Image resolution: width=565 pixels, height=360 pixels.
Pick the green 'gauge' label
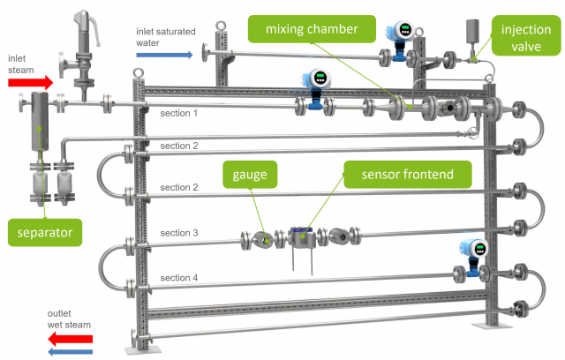click(x=250, y=174)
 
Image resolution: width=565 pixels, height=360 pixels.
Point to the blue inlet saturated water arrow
click(x=164, y=55)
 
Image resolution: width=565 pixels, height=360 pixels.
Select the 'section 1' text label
click(x=179, y=114)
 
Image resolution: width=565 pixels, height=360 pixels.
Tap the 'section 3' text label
click(x=179, y=233)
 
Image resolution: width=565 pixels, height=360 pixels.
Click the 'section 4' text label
click(x=179, y=278)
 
